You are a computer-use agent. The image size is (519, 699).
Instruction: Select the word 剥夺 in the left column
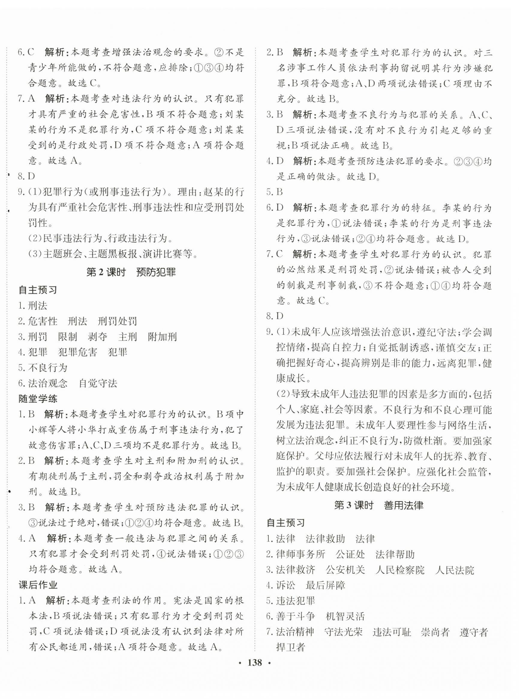coord(97,337)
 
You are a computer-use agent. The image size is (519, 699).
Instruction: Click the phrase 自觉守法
coord(98,383)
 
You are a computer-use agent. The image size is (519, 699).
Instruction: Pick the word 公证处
coord(350,554)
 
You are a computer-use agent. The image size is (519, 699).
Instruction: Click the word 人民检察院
coord(400,570)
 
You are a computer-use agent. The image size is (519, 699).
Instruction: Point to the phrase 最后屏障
coord(325,585)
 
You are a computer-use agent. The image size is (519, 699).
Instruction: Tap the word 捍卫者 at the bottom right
coord(291,647)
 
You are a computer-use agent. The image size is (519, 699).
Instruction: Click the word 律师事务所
coord(300,554)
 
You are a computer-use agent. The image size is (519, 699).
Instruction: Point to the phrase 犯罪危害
coord(78,352)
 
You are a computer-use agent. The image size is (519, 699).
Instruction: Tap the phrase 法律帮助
coord(395,554)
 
